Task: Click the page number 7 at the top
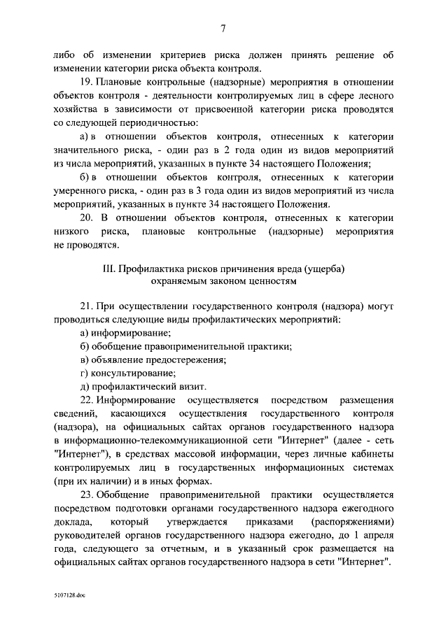pyautogui.click(x=223, y=29)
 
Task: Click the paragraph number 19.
pyautogui.click(x=86, y=81)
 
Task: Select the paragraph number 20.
pyautogui.click(x=86, y=218)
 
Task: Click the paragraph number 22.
pyautogui.click(x=86, y=400)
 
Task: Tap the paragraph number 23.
pyautogui.click(x=86, y=495)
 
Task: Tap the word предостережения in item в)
pyautogui.click(x=183, y=360)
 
